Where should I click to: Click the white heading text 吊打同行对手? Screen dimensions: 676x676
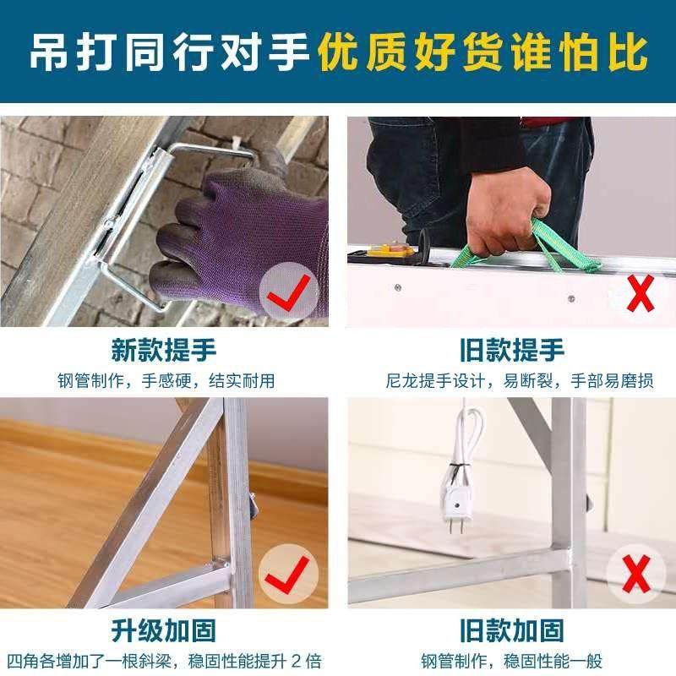170,52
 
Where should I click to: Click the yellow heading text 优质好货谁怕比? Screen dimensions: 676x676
482,52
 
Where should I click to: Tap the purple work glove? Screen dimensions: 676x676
241,241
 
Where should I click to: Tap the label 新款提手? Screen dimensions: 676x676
163,350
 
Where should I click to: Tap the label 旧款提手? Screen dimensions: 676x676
511,350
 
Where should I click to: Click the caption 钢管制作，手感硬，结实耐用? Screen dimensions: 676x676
166,380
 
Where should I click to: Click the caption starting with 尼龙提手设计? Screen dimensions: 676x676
512,380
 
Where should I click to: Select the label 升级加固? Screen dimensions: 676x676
163,630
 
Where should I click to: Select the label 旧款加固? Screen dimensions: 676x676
511,630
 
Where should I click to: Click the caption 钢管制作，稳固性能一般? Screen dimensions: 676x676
511,660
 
